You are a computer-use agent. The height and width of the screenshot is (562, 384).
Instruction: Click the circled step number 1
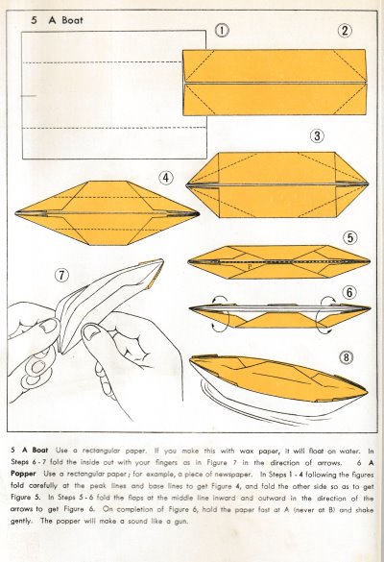coord(222,30)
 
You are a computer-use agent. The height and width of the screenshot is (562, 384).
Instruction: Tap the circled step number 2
coord(345,31)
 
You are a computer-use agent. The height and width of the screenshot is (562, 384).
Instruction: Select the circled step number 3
coord(317,135)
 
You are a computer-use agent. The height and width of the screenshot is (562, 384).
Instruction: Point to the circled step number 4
coord(166,178)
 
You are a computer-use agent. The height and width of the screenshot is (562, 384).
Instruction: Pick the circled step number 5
coord(350,237)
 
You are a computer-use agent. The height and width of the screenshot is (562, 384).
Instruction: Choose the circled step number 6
coord(349,292)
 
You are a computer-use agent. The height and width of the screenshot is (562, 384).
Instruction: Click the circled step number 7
coord(61,276)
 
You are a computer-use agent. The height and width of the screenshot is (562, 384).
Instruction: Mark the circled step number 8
coord(346,357)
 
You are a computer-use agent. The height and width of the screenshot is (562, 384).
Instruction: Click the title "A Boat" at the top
coord(66,20)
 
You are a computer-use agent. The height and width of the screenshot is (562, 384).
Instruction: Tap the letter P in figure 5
coord(250,267)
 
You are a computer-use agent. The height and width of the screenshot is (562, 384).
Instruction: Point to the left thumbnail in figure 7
coord(48,328)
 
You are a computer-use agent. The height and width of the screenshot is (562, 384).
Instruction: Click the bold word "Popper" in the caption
coord(23,474)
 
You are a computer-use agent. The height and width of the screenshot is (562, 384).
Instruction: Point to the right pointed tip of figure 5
coord(370,261)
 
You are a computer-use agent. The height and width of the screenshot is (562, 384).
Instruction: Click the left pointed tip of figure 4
coord(16,213)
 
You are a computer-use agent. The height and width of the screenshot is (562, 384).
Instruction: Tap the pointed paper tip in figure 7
coord(163,260)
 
